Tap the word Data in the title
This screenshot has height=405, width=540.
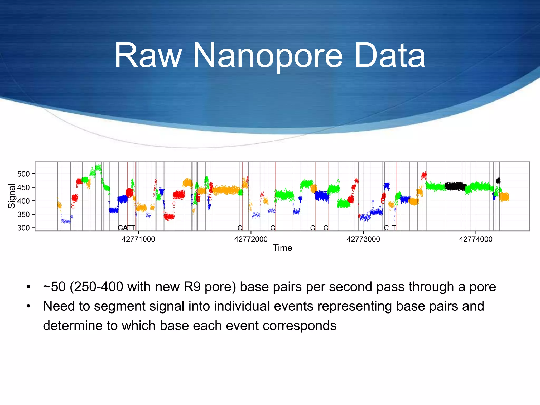(389, 56)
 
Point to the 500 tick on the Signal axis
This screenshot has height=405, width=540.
(24, 174)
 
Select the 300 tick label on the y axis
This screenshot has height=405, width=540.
(24, 228)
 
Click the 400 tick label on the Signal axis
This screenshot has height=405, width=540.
(24, 201)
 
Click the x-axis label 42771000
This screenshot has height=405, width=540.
(138, 239)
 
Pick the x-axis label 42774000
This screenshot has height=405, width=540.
(476, 239)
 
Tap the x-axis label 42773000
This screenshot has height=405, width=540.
(363, 239)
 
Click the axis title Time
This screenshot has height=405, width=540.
(282, 248)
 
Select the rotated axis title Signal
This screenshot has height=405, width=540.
(12, 196)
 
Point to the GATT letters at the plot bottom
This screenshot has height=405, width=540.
(127, 228)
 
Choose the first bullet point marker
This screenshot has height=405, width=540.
(28, 287)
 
